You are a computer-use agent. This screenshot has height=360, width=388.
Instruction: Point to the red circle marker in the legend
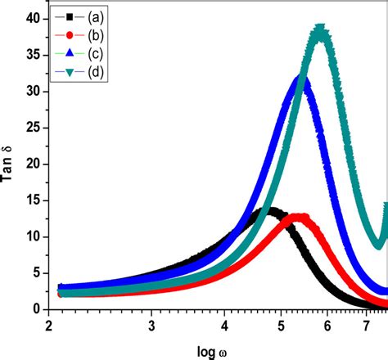click(71, 35)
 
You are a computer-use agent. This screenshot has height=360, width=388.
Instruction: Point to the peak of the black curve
click(268, 211)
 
